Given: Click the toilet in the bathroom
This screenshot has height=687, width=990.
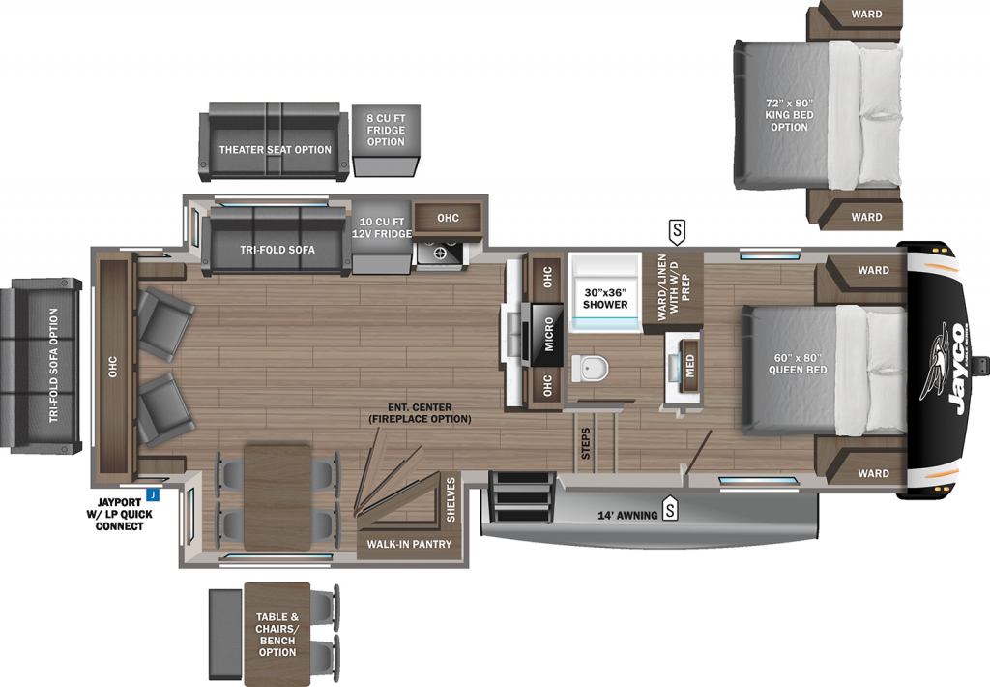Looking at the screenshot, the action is pyautogui.click(x=590, y=368).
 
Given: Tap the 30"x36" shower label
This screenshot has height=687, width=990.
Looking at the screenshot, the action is pyautogui.click(x=605, y=298).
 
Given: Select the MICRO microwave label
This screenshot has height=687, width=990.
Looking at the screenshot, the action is pyautogui.click(x=549, y=335).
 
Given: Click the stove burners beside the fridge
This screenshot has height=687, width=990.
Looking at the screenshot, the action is pyautogui.click(x=439, y=253).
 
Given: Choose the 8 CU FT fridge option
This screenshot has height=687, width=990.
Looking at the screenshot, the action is pyautogui.click(x=386, y=139).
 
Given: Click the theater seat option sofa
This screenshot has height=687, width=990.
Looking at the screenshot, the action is pyautogui.click(x=274, y=141).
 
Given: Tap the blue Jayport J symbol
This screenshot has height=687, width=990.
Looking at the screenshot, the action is pyautogui.click(x=152, y=494).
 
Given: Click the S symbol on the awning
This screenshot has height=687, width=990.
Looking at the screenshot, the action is pyautogui.click(x=669, y=509).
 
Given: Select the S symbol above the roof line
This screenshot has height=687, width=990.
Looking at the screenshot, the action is pyautogui.click(x=677, y=232).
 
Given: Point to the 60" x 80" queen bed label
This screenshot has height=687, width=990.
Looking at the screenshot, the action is pyautogui.click(x=798, y=364).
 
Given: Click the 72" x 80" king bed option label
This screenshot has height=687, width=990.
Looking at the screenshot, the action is pyautogui.click(x=789, y=114).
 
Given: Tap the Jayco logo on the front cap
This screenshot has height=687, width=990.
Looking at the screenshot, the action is pyautogui.click(x=946, y=367).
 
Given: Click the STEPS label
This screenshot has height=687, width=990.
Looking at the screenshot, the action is pyautogui.click(x=585, y=444).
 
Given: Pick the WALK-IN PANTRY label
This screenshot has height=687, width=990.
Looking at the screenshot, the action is pyautogui.click(x=409, y=544).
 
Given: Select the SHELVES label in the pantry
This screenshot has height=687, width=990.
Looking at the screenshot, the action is pyautogui.click(x=451, y=499).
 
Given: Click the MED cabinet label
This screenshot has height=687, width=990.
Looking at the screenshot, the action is pyautogui.click(x=689, y=366).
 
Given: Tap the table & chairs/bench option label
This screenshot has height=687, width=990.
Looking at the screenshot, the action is pyautogui.click(x=277, y=634).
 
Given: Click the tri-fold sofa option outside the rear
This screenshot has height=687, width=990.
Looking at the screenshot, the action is pyautogui.click(x=41, y=366).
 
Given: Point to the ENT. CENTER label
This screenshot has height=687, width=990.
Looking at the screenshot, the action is pyautogui.click(x=420, y=407).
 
